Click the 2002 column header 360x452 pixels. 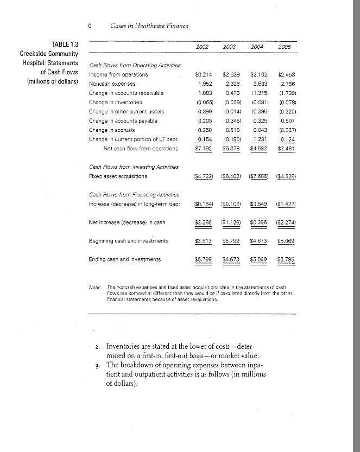pos(203,48)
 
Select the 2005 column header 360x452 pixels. pos(285,48)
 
